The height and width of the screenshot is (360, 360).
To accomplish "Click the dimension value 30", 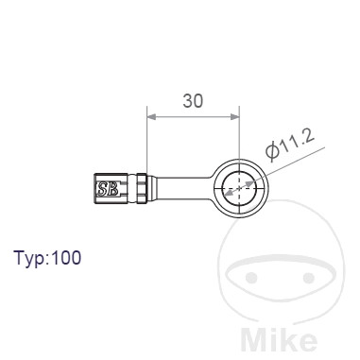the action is pyautogui.click(x=193, y=101).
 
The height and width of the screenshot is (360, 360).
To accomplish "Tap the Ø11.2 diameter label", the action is pyautogui.click(x=290, y=145).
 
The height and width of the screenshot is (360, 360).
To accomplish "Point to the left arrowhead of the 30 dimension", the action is pyautogui.click(x=151, y=117).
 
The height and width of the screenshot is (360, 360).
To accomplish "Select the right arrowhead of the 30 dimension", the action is pyautogui.click(x=235, y=117).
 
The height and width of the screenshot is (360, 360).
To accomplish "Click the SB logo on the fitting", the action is pyautogui.click(x=108, y=189).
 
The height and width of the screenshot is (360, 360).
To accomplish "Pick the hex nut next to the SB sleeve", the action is pyautogui.click(x=142, y=188).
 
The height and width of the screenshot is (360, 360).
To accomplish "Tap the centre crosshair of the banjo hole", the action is pyautogui.click(x=240, y=188).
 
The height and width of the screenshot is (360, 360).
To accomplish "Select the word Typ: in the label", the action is pyautogui.click(x=30, y=258).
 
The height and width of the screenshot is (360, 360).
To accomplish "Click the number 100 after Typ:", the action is pyautogui.click(x=66, y=257).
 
